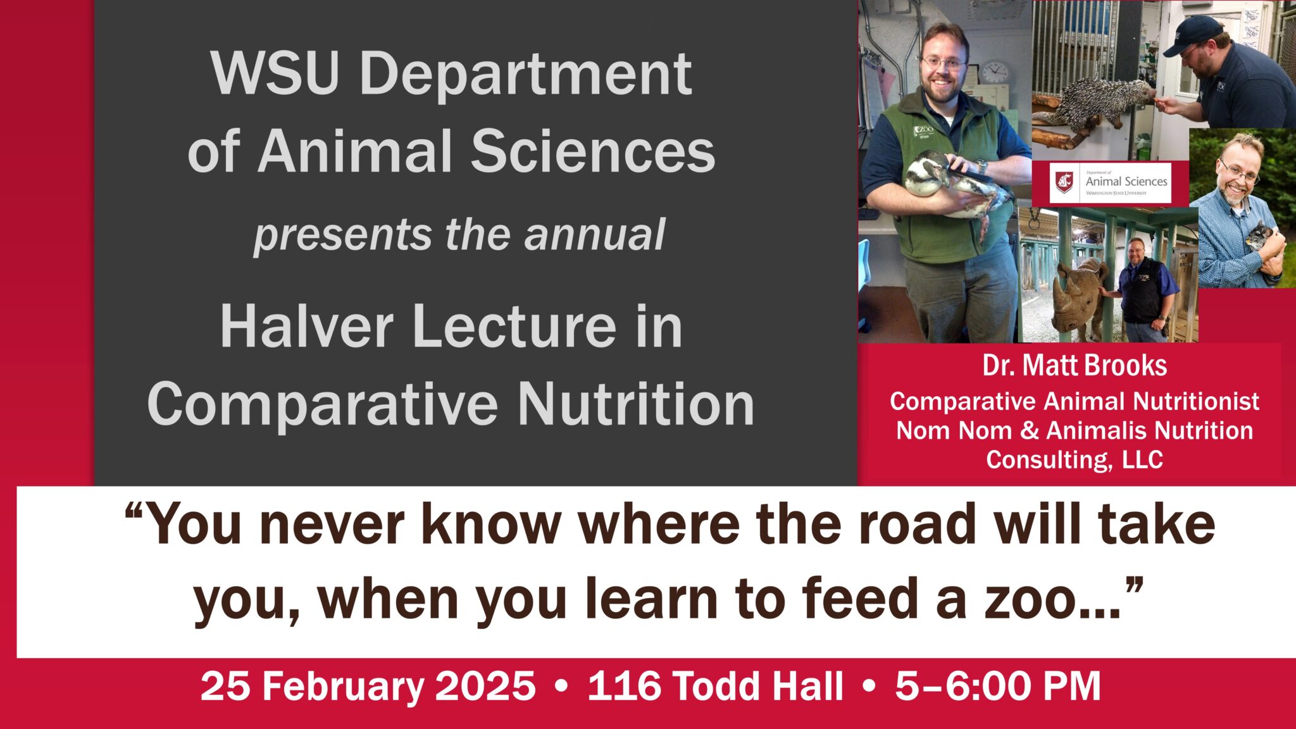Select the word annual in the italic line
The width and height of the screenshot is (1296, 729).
pos(594,234)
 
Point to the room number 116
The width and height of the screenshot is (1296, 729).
pos(625,686)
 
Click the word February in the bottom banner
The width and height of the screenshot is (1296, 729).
pos(344,686)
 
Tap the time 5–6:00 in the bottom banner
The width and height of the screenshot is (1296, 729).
pos(962,686)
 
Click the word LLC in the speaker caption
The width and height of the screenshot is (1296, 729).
pos(1142,459)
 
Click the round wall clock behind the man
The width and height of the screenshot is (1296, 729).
pos(995,71)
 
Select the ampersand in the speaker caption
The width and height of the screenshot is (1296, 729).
pos(1030,431)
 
